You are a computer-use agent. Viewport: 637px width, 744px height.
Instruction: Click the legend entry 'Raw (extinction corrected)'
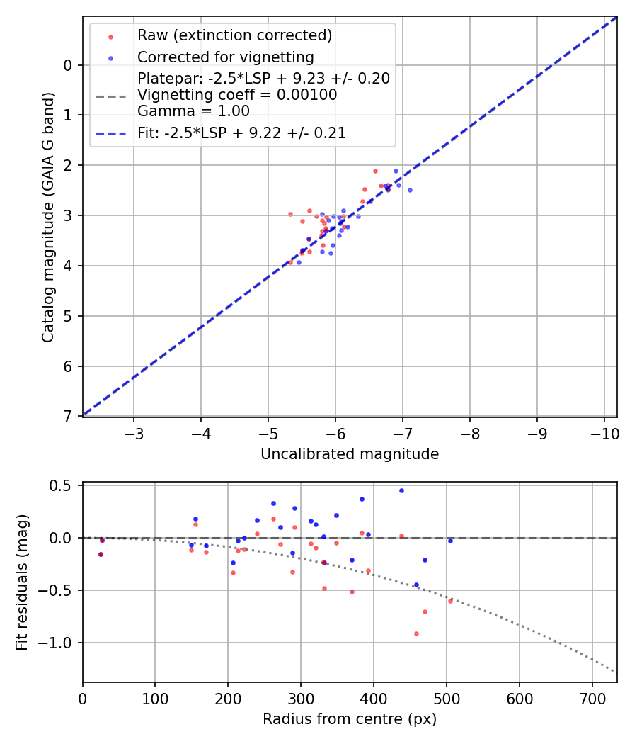click(x=234, y=35)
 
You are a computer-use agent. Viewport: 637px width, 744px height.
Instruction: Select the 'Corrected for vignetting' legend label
click(x=226, y=57)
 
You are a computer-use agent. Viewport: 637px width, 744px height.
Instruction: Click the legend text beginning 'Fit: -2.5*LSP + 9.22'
click(x=241, y=133)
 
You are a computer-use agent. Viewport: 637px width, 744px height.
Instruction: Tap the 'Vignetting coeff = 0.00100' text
click(x=237, y=94)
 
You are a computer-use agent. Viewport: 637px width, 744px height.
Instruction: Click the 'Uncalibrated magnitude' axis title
click(x=350, y=454)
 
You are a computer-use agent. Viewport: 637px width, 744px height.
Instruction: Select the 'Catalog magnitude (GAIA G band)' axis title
click(x=47, y=216)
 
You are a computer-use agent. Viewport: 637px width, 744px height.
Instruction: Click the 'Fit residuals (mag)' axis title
click(x=22, y=582)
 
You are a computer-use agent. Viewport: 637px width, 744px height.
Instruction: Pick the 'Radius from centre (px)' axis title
click(x=350, y=719)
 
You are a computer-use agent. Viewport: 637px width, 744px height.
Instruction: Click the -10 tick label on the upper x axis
click(x=604, y=433)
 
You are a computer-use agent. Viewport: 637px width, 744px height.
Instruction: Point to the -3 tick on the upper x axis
click(x=134, y=433)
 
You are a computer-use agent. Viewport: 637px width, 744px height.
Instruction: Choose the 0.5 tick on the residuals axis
click(x=67, y=485)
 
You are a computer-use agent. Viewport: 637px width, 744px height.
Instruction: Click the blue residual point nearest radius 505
click(x=449, y=541)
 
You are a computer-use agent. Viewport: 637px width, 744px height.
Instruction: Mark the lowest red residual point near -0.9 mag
click(x=416, y=633)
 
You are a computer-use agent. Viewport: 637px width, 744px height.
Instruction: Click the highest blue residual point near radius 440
click(x=401, y=490)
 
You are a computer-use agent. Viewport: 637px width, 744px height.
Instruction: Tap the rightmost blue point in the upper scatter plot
click(x=410, y=190)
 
